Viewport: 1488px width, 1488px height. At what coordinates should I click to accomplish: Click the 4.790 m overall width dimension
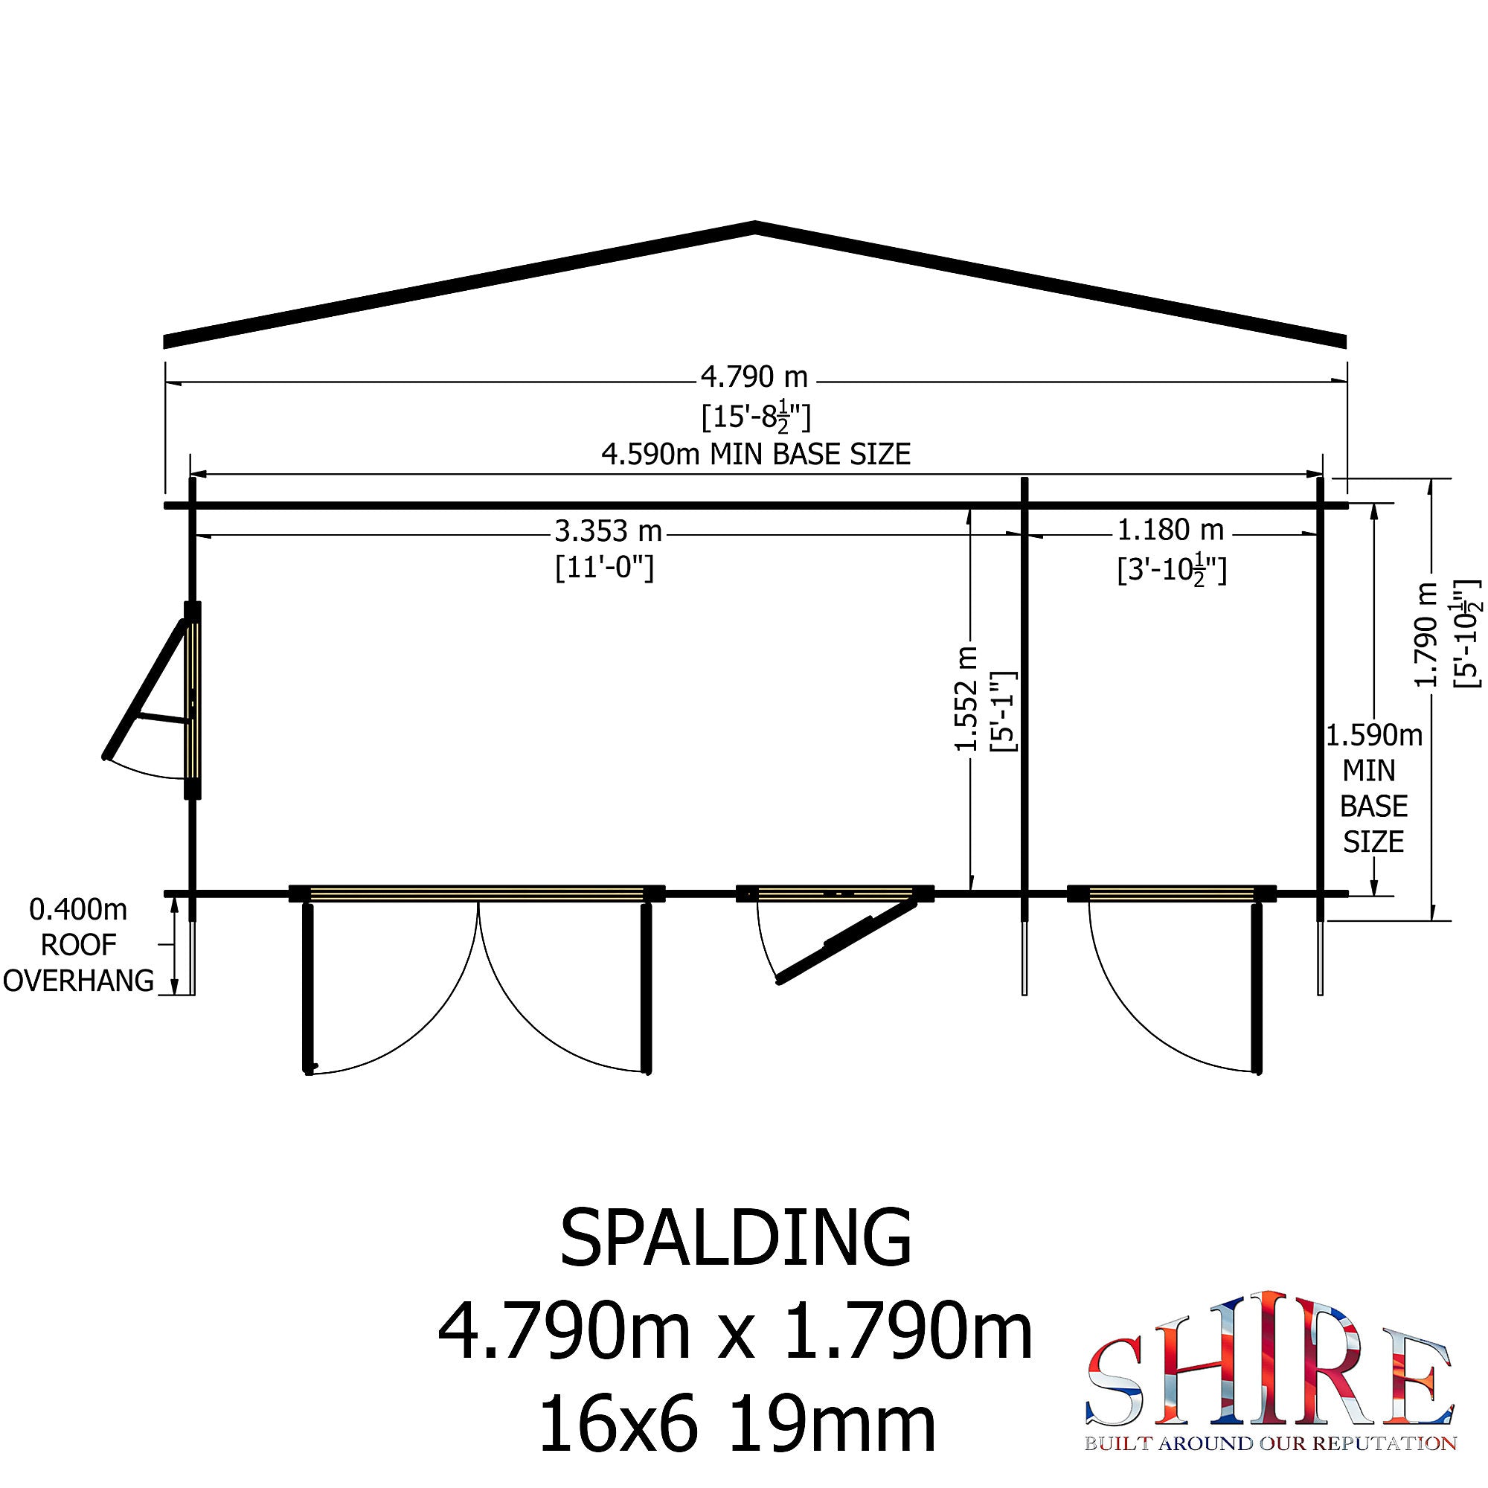click(x=753, y=377)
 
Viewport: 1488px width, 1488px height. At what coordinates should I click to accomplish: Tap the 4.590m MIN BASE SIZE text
click(x=756, y=455)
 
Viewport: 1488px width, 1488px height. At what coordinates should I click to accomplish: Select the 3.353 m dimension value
click(x=608, y=530)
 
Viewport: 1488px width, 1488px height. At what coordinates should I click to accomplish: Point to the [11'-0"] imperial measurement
click(x=605, y=568)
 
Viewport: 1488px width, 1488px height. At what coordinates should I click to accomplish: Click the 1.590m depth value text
click(x=1373, y=736)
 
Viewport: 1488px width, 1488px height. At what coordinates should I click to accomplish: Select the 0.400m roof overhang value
click(x=78, y=910)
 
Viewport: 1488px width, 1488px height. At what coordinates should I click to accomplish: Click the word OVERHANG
click(x=79, y=981)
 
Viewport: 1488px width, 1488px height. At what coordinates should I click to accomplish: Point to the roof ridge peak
click(x=754, y=225)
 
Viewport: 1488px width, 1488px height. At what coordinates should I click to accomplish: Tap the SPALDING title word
click(x=736, y=1238)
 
